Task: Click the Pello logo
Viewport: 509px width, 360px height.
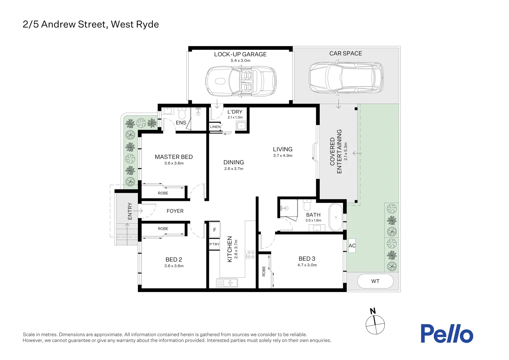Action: tap(446, 333)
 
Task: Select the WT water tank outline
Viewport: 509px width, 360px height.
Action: tap(375, 281)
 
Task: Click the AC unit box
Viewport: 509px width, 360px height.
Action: tap(352, 246)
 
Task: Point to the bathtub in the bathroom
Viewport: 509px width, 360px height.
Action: tap(335, 217)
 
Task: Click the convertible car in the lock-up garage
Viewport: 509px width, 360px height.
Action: tap(241, 81)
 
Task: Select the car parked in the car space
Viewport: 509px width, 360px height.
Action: tap(346, 78)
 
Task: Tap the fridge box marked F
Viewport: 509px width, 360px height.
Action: tap(215, 230)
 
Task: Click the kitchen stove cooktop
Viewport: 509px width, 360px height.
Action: tap(250, 255)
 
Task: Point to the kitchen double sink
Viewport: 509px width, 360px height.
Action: tap(227, 283)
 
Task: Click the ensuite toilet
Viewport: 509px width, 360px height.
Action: tap(182, 114)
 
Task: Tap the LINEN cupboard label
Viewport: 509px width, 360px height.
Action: tap(215, 127)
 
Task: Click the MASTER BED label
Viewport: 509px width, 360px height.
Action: tap(174, 157)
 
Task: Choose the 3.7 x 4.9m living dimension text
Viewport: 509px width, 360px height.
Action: tap(282, 156)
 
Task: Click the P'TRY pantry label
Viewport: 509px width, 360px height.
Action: tap(214, 244)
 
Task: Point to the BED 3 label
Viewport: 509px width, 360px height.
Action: tap(307, 259)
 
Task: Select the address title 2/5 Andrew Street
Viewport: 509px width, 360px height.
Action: tap(91, 24)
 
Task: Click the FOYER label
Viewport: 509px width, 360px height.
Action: tap(175, 211)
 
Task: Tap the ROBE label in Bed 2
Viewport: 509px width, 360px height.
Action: tap(163, 229)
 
